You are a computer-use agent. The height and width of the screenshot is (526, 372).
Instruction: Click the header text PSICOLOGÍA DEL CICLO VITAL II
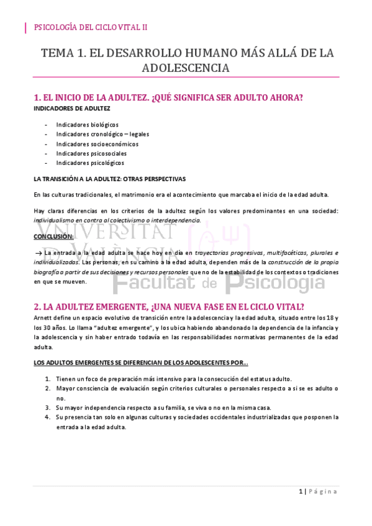(x=89, y=27)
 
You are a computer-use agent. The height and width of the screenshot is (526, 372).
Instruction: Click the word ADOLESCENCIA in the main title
(x=186, y=68)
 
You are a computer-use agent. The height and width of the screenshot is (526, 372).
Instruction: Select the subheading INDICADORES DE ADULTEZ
(x=72, y=108)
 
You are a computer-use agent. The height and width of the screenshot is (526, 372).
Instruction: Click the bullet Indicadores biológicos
(x=87, y=125)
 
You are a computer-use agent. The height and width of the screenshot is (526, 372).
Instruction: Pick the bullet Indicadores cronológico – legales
(x=102, y=134)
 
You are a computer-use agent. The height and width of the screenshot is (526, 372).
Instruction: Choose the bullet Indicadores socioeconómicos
(x=97, y=144)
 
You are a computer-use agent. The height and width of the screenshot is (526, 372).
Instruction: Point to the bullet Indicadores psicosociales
(x=91, y=153)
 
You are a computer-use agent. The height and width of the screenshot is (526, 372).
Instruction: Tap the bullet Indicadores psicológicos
(x=90, y=163)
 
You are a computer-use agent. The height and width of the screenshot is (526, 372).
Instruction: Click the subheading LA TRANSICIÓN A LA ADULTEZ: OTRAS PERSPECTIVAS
(x=109, y=179)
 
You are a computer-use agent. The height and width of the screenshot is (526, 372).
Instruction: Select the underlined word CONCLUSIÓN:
(x=53, y=236)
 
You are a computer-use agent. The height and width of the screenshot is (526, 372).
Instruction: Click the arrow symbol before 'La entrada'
(x=39, y=253)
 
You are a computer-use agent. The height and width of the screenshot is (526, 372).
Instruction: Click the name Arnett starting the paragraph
(x=43, y=318)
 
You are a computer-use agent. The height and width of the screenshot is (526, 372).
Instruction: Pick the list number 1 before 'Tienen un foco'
(x=48, y=379)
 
